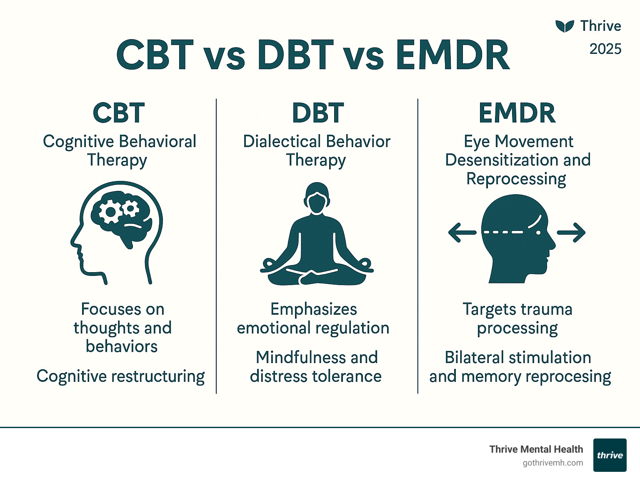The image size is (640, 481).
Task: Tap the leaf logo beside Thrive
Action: tap(565, 26)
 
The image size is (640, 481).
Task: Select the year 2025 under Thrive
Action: tap(605, 49)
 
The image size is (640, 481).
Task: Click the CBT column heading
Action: tap(119, 113)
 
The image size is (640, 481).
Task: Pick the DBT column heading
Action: tap(317, 113)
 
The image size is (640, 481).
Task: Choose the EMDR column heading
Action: tap(517, 113)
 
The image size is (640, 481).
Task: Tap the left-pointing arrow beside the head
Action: tap(461, 233)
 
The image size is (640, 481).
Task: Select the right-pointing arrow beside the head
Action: tap(572, 233)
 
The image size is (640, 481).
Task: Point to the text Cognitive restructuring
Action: tap(120, 376)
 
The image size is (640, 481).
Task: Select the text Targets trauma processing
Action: tap(517, 319)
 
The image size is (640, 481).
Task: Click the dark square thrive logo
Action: tap(610, 455)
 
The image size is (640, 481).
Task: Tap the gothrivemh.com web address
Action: tap(552, 463)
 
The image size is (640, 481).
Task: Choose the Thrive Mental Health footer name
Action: tap(536, 449)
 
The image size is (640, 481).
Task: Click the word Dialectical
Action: tap(276, 142)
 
